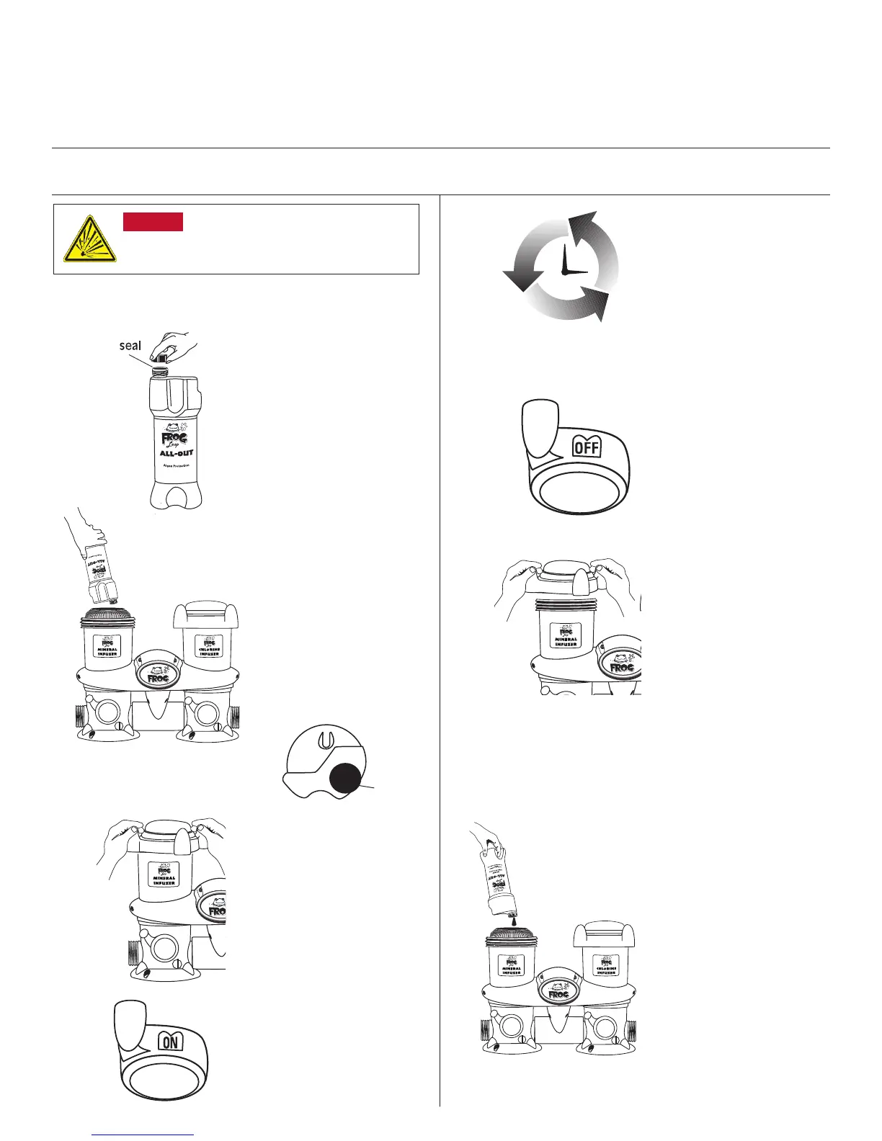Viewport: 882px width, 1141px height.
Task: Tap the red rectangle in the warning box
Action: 153,222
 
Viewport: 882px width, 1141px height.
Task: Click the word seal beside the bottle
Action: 130,346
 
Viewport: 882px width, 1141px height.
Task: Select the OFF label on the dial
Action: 587,448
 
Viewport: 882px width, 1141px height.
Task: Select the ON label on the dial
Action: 171,1041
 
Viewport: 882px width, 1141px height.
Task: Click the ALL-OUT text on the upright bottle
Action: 176,453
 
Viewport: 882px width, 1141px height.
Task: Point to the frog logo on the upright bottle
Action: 170,437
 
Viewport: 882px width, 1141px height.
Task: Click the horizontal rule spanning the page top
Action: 441,148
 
